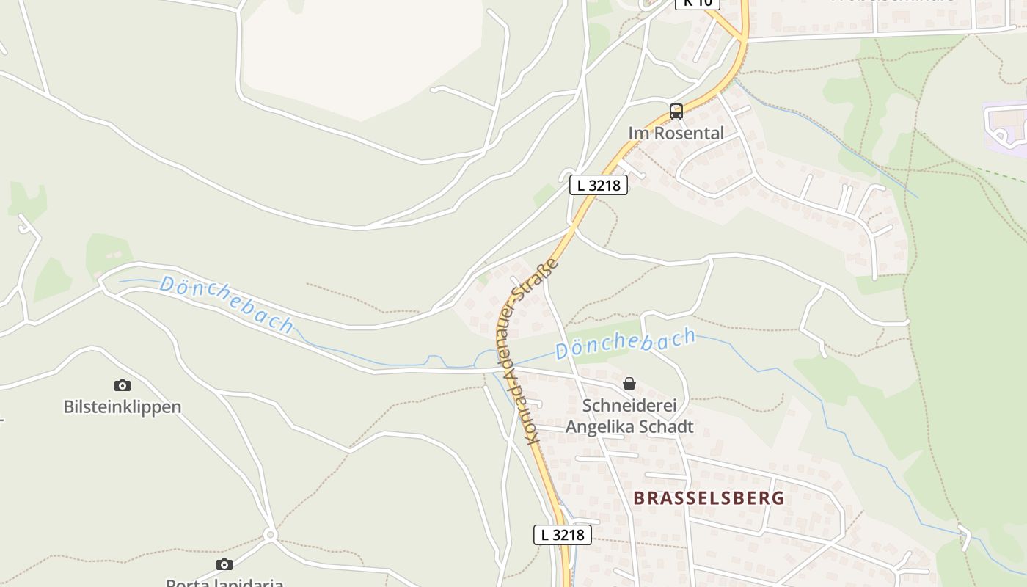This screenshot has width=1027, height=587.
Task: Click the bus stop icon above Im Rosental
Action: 676,112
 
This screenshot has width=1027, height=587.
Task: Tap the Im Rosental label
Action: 676,134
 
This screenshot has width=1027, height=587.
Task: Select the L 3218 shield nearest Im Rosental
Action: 599,185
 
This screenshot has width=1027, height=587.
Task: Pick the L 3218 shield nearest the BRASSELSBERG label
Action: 563,535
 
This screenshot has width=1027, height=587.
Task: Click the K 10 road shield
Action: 697,3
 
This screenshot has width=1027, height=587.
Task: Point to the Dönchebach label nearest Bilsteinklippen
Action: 227,304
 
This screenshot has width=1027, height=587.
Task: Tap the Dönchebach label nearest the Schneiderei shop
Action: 625,343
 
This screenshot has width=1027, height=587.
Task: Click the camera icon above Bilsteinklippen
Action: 123,385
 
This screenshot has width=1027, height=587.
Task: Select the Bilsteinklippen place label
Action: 122,407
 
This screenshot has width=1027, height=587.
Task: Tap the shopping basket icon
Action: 629,384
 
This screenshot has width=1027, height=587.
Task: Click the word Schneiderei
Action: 629,406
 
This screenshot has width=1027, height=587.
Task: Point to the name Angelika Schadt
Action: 629,427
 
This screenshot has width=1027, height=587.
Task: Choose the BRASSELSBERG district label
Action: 709,498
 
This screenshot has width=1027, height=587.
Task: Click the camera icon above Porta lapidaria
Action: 224,564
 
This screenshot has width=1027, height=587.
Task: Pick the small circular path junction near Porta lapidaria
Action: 270,535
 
